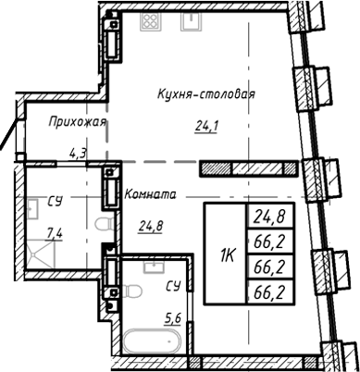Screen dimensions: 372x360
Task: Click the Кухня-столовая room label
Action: point(205,93)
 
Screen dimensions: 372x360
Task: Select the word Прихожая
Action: point(78,121)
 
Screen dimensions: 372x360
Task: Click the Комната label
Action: point(149,196)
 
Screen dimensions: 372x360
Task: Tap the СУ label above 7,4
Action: point(56,201)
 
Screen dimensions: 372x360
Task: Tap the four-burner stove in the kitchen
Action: point(150,23)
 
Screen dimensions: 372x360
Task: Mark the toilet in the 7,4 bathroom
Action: point(104,225)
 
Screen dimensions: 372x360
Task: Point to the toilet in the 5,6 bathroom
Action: point(132,293)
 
